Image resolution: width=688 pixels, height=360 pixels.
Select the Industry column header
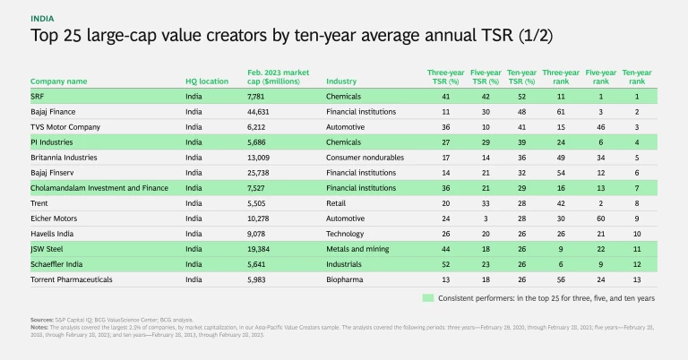point(341,81)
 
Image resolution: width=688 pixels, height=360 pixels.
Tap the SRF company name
point(38,96)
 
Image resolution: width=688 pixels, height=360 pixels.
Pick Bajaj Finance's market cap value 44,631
point(261,112)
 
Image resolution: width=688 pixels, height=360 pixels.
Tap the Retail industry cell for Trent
point(337,204)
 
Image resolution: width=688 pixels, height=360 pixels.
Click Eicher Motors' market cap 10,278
point(261,219)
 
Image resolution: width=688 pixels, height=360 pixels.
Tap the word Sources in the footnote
point(41,319)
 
